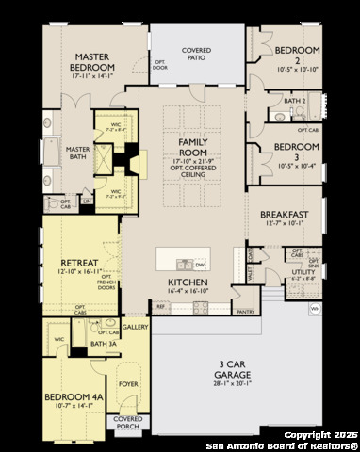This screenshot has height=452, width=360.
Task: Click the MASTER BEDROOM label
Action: pyautogui.click(x=91, y=62)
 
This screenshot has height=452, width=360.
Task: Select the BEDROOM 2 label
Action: pyautogui.click(x=297, y=53)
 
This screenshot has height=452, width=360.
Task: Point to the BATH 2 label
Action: pyautogui.click(x=295, y=100)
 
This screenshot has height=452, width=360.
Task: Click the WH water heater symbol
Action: pyautogui.click(x=315, y=308)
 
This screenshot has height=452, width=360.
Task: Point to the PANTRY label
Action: pyautogui.click(x=246, y=311)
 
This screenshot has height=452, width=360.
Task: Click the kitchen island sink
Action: pyautogui.click(x=187, y=264)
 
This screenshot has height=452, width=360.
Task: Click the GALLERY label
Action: pyautogui.click(x=135, y=327)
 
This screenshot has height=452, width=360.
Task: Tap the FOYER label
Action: pyautogui.click(x=127, y=384)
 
